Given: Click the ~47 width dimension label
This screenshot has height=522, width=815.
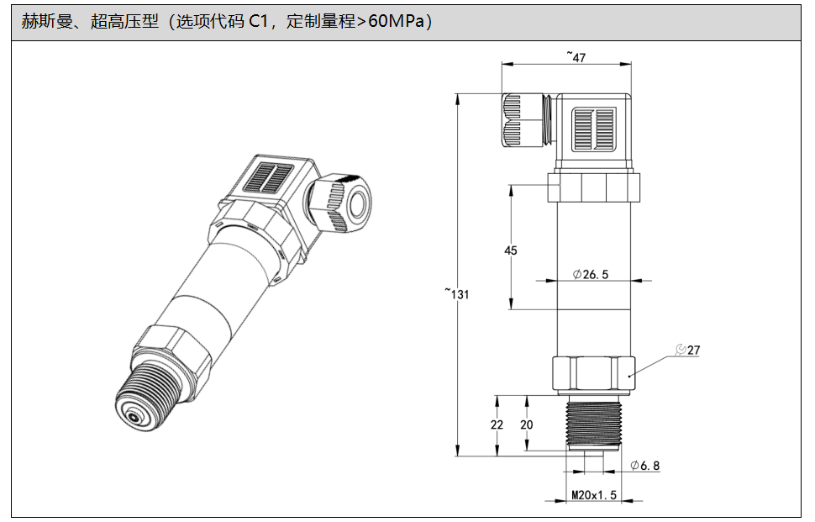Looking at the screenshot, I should pos(576,56).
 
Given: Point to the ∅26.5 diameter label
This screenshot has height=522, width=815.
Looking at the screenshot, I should pos(591,274).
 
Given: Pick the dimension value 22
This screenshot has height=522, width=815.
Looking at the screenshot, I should pos(497,424).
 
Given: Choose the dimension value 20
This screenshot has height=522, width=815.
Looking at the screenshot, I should pos(527,424).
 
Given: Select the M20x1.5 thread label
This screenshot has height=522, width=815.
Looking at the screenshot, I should pos(594,495).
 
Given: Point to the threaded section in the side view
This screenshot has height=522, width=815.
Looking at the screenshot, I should pos(593,424).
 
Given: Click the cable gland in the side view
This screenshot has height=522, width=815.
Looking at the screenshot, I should pos(524,119).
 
